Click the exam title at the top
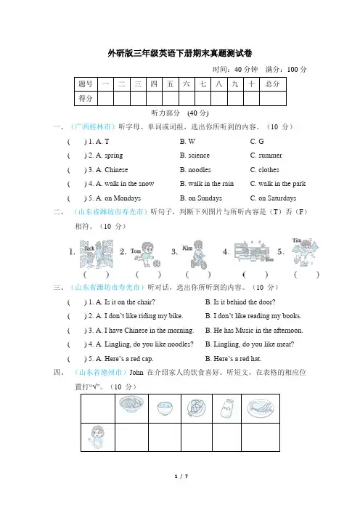[x=180, y=53]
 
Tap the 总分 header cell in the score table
[x=273, y=84]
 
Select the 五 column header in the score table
[x=171, y=84]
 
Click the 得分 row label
[x=86, y=99]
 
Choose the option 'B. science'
[x=195, y=155]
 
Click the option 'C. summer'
[x=266, y=155]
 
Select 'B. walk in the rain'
[x=207, y=184]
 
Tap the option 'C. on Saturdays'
[x=273, y=198]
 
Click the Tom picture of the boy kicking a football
[x=146, y=254]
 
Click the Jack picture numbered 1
[x=97, y=254]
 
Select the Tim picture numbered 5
[x=305, y=252]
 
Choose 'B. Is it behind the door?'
[x=240, y=302]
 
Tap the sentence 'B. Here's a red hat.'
[x=233, y=359]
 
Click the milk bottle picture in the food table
[x=227, y=408]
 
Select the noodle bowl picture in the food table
[x=131, y=406]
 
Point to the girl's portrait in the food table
[x=97, y=437]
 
